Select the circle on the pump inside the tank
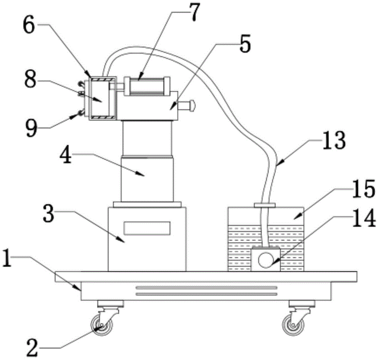(x=265, y=260)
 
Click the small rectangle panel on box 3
(x=147, y=228)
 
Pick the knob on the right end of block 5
(x=191, y=105)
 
